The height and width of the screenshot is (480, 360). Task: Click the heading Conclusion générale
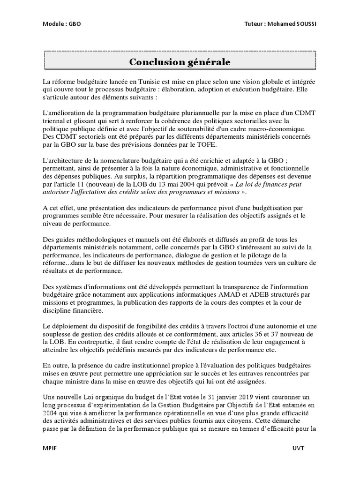point(180,62)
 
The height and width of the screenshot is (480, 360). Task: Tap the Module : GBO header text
point(61,23)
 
